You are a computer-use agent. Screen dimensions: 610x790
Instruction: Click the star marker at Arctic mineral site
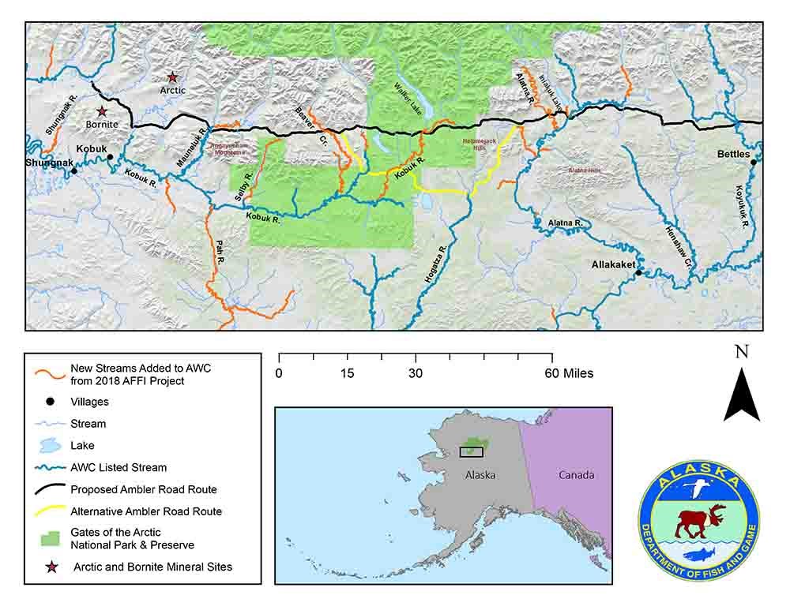172,77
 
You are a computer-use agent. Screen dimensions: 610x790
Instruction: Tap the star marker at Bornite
101,112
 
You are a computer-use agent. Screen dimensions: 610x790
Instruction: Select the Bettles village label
733,154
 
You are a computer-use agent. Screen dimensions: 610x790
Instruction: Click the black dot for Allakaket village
638,272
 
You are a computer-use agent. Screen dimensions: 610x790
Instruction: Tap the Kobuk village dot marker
110,157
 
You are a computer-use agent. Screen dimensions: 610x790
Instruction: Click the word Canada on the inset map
576,475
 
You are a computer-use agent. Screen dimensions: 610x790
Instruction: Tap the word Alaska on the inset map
481,475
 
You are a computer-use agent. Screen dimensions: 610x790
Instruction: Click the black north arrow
742,395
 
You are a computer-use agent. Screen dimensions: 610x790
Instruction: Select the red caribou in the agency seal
695,519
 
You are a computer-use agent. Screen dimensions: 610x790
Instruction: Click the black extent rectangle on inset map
471,452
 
